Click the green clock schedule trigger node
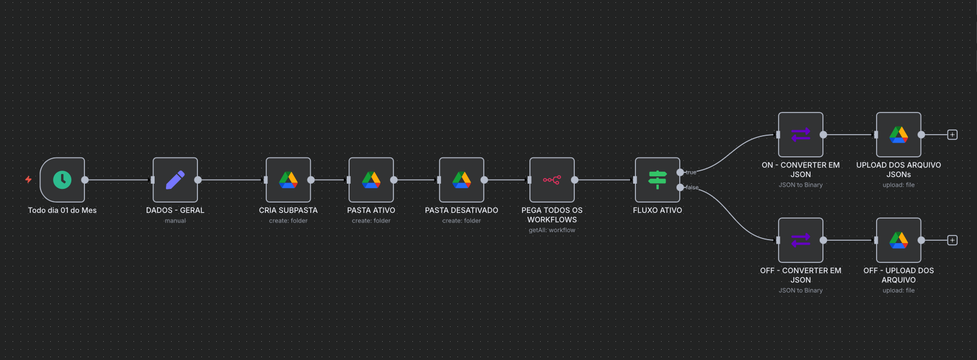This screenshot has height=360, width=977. pyautogui.click(x=62, y=180)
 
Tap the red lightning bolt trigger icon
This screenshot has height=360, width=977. pyautogui.click(x=28, y=180)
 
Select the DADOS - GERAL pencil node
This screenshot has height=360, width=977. pyautogui.click(x=175, y=180)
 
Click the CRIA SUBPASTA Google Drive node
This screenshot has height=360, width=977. pyautogui.click(x=288, y=180)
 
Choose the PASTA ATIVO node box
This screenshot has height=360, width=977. pyautogui.click(x=371, y=180)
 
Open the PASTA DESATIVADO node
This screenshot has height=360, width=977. pyautogui.click(x=461, y=180)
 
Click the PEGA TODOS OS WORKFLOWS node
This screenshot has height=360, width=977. pyautogui.click(x=552, y=180)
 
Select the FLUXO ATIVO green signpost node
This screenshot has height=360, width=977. pyautogui.click(x=657, y=180)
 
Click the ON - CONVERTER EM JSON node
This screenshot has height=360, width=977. pyautogui.click(x=800, y=135)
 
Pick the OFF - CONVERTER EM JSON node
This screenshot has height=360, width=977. pyautogui.click(x=800, y=240)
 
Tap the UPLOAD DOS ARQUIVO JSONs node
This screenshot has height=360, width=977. pyautogui.click(x=898, y=135)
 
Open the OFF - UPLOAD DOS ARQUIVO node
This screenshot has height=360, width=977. pyautogui.click(x=898, y=240)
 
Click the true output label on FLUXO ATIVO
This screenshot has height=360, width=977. pyautogui.click(x=691, y=172)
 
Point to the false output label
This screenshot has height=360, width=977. pyautogui.click(x=692, y=187)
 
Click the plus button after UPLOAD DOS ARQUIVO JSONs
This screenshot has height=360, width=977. pyautogui.click(x=952, y=135)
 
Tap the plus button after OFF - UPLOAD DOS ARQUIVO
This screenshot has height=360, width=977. pyautogui.click(x=952, y=240)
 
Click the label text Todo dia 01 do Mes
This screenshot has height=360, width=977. pyautogui.click(x=62, y=211)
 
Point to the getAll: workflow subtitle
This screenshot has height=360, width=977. pyautogui.click(x=552, y=230)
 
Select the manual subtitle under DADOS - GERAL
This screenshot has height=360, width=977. pyautogui.click(x=175, y=221)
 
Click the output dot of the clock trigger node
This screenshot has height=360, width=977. pyautogui.click(x=85, y=180)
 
